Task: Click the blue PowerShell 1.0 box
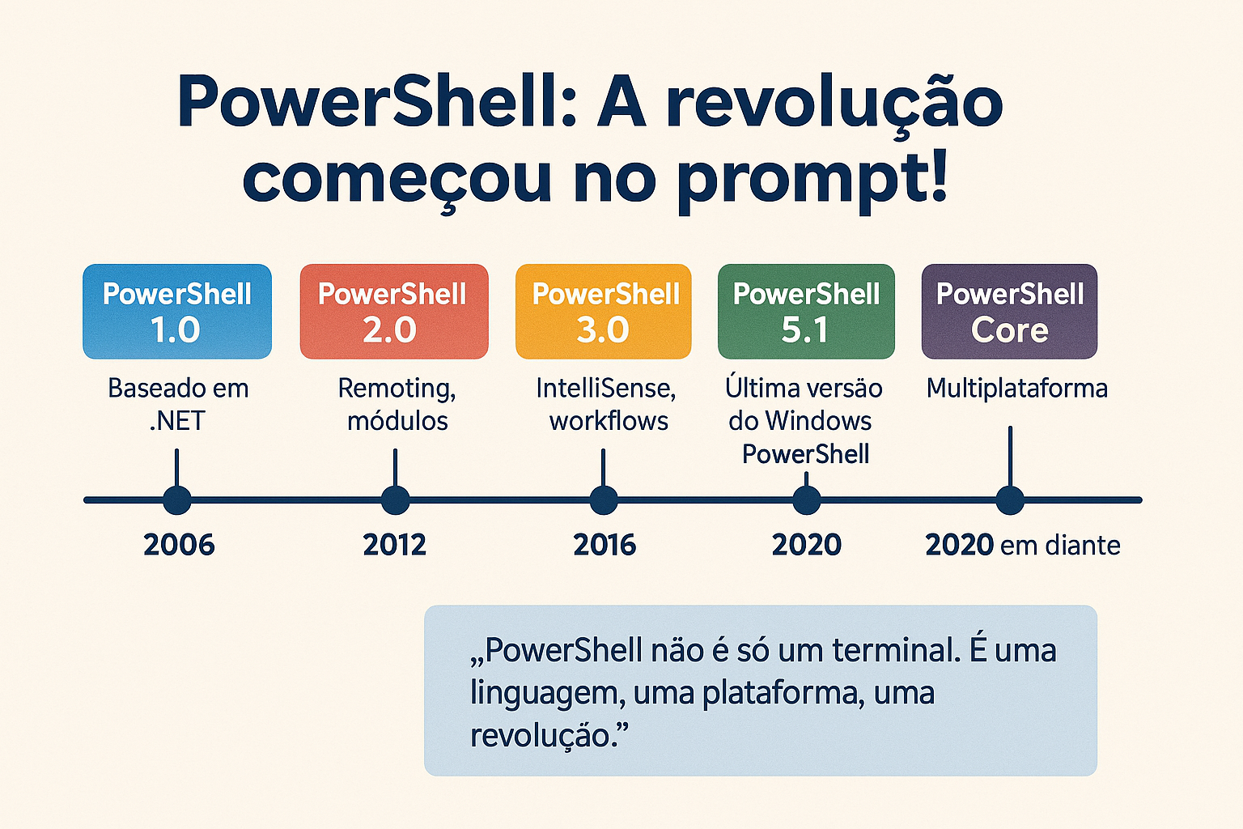coord(177,312)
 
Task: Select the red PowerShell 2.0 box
coord(394,312)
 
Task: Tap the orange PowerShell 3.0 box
coord(603,312)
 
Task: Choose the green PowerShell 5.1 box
coord(806,312)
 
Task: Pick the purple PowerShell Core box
coord(1009,312)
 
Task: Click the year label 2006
coord(179,545)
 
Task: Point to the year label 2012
coord(395,545)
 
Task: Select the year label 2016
coord(605,545)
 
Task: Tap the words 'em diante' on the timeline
coord(1060,546)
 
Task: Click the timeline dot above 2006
coord(177,500)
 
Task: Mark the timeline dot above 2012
coord(395,500)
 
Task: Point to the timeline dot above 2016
coord(603,500)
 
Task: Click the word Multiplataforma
coord(1016,388)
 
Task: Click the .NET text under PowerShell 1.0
coord(177,421)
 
